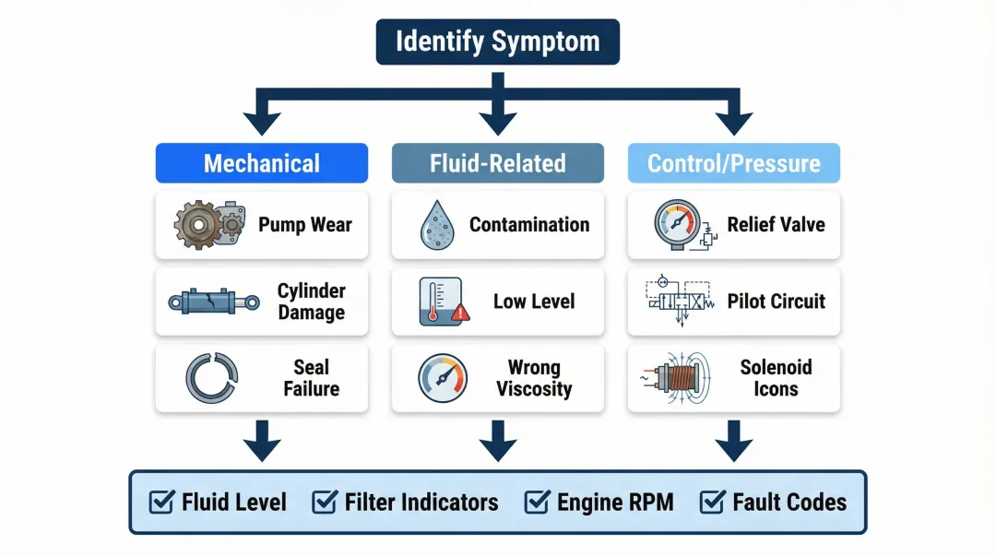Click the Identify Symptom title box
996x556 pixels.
tap(497, 42)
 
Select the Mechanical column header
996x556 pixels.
tap(262, 163)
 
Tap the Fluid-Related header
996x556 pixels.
tap(497, 163)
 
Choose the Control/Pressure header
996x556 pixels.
tap(733, 163)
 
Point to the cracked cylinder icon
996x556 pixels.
tap(214, 302)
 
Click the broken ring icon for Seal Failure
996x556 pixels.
tap(211, 378)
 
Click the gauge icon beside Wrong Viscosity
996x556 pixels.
tap(443, 378)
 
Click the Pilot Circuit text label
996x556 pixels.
tap(776, 302)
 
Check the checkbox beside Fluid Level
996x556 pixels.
tap(161, 502)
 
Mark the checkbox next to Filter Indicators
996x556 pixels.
tap(324, 502)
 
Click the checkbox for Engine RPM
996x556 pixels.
tap(537, 502)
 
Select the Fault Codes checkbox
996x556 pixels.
tap(712, 502)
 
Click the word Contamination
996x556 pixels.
tap(528, 225)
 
